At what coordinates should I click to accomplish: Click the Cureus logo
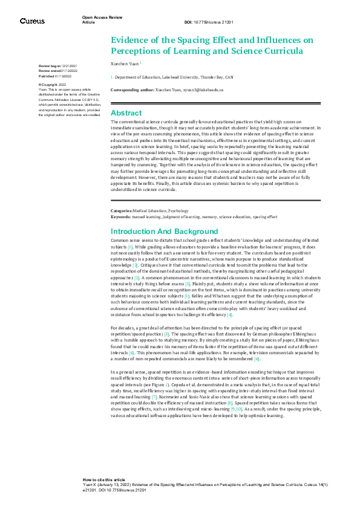pos(32,21)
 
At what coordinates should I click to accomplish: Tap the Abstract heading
pos(126,113)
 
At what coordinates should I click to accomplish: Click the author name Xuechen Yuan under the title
pos(125,62)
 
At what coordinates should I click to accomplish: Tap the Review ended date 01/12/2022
pos(81,71)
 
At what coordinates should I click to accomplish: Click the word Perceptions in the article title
pos(139,51)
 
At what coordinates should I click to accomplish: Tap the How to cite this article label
pos(104,479)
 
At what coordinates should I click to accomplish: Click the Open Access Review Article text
pos(99,20)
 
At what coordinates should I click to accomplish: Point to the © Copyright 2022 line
pos(53,85)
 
